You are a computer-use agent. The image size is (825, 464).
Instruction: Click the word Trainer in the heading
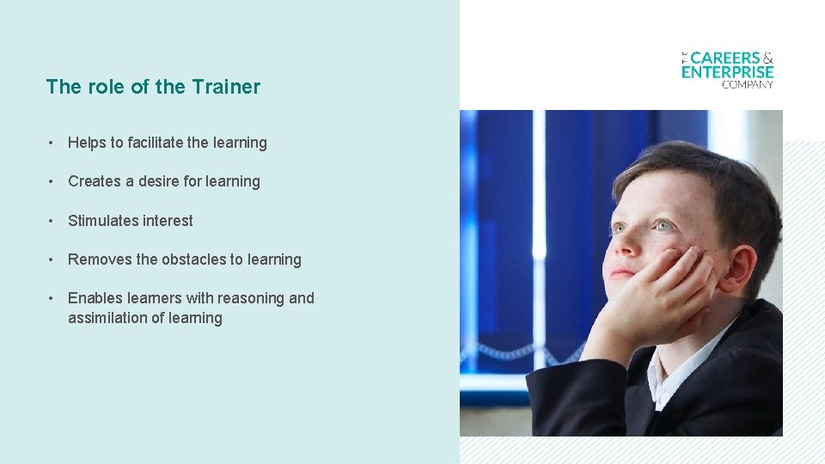click(226, 87)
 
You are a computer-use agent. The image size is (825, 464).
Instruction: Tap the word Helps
click(87, 143)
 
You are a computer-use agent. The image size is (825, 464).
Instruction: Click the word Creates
click(94, 181)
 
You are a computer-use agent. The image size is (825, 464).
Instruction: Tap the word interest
click(168, 221)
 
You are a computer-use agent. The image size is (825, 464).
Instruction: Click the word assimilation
click(109, 318)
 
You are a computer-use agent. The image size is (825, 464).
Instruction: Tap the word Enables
click(95, 298)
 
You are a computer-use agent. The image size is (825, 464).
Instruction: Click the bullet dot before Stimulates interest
click(52, 221)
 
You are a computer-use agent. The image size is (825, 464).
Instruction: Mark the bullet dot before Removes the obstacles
click(52, 259)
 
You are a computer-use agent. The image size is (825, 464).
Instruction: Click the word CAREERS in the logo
click(725, 58)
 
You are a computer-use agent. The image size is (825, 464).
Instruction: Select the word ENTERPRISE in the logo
click(727, 72)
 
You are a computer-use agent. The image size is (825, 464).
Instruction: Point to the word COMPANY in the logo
click(748, 84)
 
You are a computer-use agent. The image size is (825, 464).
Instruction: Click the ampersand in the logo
click(767, 58)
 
